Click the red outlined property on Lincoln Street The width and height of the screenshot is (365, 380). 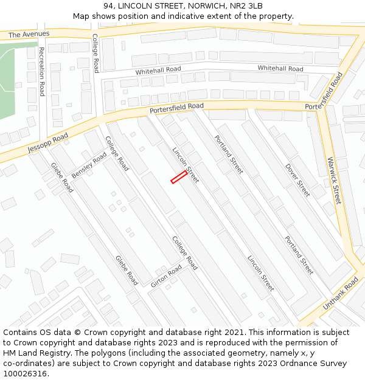[179, 177]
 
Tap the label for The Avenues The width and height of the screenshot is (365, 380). [29, 35]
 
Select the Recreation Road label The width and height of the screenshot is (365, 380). [41, 71]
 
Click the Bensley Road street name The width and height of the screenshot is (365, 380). [89, 165]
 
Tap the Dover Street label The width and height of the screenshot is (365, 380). [297, 180]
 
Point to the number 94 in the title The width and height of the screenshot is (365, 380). [109, 6]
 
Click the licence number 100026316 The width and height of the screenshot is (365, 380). [26, 373]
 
